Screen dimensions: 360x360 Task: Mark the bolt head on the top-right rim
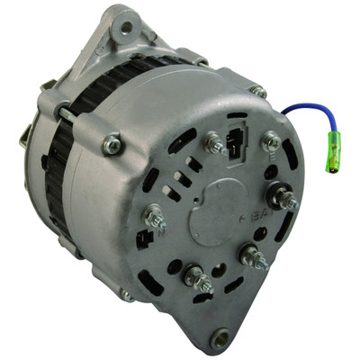[x=257, y=91]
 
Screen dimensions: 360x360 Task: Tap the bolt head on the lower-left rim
[x=127, y=294]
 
